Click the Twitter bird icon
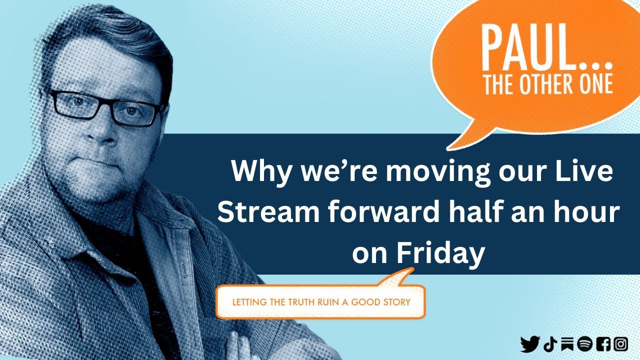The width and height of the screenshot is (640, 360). click(530, 344)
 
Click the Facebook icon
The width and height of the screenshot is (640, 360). click(603, 344)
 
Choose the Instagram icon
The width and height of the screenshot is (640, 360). click(620, 344)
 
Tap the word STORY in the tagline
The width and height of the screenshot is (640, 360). click(395, 302)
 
